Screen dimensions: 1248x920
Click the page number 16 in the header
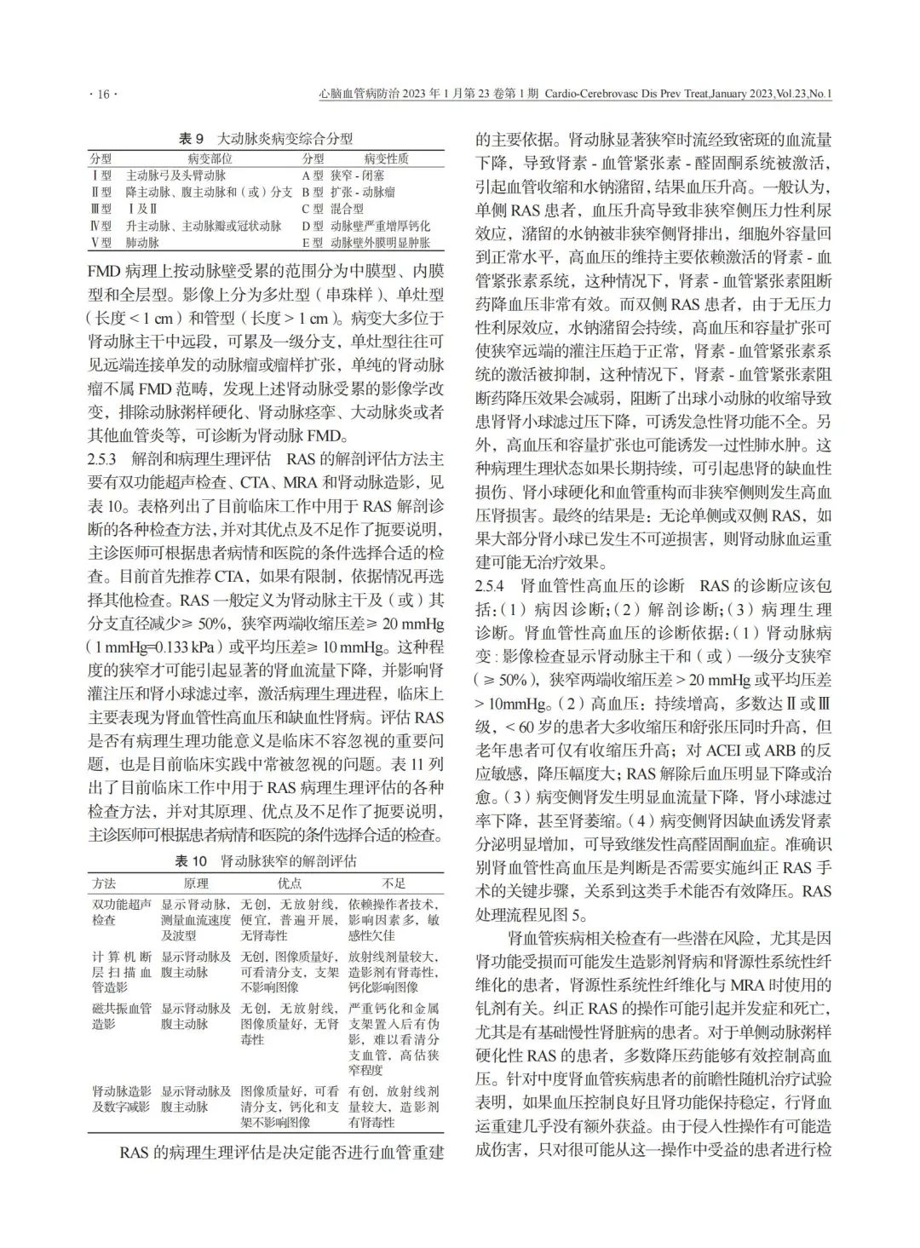pyautogui.click(x=103, y=95)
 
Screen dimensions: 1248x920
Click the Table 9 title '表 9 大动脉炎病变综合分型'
pyautogui.click(x=265, y=138)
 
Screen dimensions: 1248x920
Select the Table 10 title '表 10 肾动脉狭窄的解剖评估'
pyautogui.click(x=266, y=861)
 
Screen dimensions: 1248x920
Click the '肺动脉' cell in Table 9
pyautogui.click(x=142, y=243)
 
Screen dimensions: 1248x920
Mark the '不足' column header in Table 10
pyautogui.click(x=394, y=883)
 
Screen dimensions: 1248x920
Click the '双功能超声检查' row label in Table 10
pyautogui.click(x=122, y=912)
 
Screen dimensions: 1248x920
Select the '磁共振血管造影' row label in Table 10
pyautogui.click(x=122, y=1015)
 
